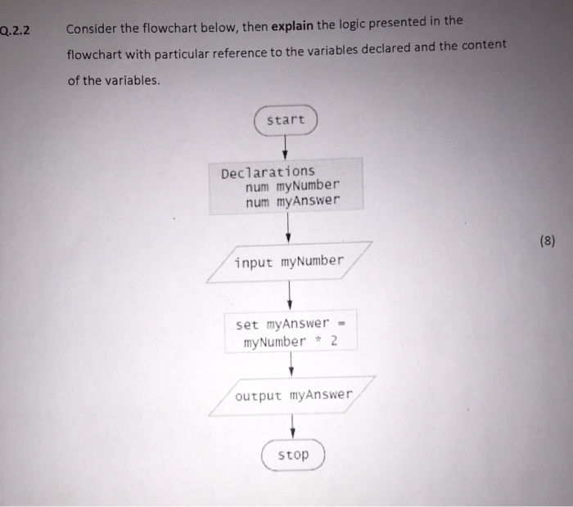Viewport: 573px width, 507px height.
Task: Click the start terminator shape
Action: [286, 121]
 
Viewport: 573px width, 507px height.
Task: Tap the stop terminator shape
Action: [293, 455]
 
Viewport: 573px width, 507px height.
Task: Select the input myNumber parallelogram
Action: [289, 262]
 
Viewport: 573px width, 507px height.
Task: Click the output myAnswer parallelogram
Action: [293, 396]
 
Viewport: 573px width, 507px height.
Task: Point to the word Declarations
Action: [267, 172]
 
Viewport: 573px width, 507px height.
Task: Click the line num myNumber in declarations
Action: [291, 186]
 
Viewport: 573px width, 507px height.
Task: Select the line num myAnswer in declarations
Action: [291, 200]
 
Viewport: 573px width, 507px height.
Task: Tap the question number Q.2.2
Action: [15, 32]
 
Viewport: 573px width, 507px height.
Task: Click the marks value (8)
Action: [548, 241]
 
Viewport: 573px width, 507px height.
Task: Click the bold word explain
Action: [293, 27]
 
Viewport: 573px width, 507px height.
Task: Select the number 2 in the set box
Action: [334, 340]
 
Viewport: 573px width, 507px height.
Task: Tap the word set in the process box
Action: [246, 325]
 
